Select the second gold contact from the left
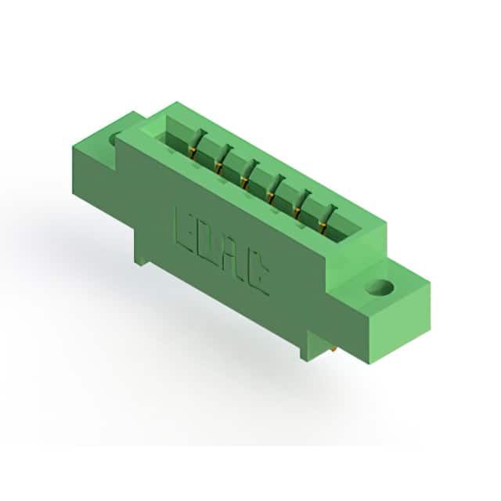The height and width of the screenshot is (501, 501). (219, 168)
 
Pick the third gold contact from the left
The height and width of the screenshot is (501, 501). (245, 182)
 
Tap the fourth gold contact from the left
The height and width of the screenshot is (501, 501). (272, 197)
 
